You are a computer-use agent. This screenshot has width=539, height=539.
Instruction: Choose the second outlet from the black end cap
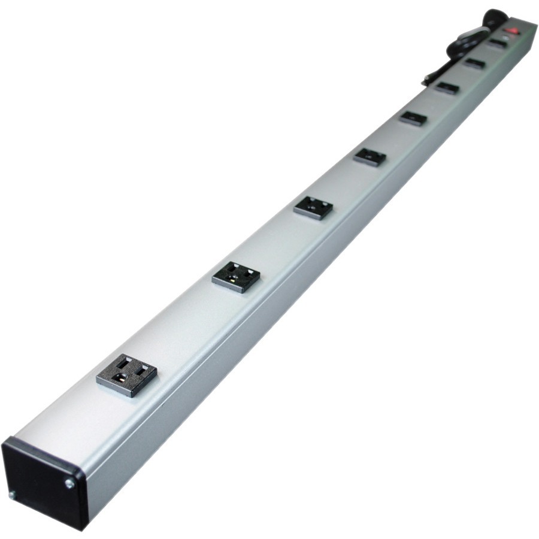tap(237, 276)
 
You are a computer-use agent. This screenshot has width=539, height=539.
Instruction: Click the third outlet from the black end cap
tap(313, 207)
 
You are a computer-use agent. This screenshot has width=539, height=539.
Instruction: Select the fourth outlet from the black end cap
tap(370, 156)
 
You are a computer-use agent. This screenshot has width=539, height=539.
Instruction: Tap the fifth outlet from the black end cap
tap(413, 118)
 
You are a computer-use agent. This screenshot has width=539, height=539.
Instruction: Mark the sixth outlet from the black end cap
tap(447, 87)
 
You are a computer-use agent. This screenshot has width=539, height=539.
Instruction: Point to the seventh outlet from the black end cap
tap(474, 63)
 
